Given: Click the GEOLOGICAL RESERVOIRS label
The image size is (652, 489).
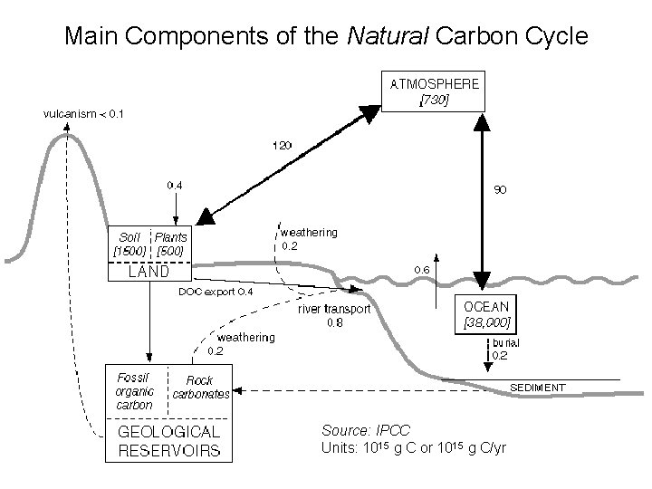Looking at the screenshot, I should [x=168, y=441].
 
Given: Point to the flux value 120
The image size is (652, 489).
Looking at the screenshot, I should [x=283, y=144].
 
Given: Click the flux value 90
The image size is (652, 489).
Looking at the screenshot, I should [x=499, y=190].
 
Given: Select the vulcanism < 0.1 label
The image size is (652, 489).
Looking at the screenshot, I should [x=84, y=113].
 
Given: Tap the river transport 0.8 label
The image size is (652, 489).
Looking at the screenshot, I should [x=335, y=315].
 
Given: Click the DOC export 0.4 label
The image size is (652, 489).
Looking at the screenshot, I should [x=216, y=292].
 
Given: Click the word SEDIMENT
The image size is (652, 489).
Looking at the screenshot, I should [x=538, y=387].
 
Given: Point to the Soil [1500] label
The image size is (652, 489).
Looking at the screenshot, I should [x=127, y=243].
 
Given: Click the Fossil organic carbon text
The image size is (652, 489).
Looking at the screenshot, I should [x=134, y=391].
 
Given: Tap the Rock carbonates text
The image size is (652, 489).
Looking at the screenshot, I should [x=200, y=387].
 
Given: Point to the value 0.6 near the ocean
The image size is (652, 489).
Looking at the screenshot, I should [x=422, y=270].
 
